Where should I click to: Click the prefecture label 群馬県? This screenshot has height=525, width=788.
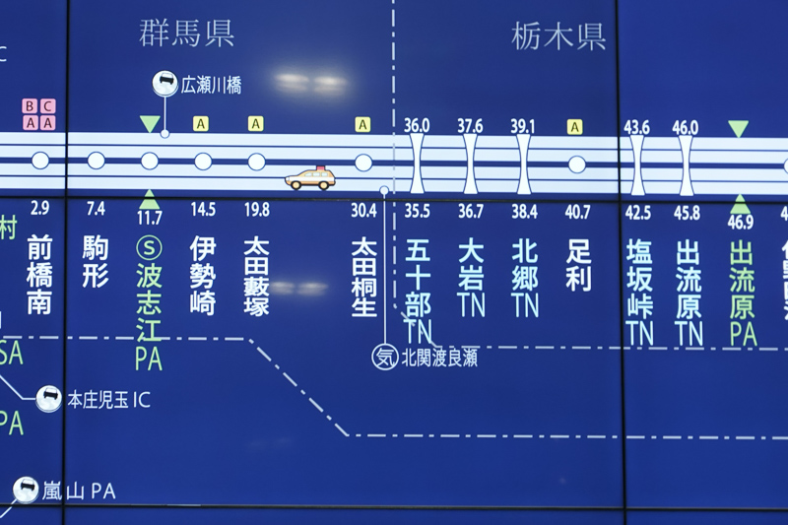(x=186, y=33)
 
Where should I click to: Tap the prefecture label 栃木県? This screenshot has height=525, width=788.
(x=558, y=36)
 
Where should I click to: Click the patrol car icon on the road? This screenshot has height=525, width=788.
(x=310, y=178)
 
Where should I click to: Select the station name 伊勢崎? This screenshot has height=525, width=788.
(x=203, y=275)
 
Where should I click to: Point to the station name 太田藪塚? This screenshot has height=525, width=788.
(x=256, y=275)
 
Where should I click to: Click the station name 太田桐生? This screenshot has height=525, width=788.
(x=363, y=275)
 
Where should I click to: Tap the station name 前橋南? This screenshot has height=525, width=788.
(x=39, y=274)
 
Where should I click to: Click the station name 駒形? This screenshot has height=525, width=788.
(x=96, y=262)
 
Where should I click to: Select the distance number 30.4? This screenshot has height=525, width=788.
(x=363, y=210)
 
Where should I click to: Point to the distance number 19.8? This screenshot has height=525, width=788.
(x=256, y=210)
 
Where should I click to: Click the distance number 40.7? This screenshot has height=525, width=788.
(x=578, y=211)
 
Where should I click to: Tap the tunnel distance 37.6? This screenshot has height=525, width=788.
(x=470, y=126)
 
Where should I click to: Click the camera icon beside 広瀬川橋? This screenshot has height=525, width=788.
(x=164, y=85)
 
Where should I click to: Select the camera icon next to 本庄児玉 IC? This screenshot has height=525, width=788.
(x=48, y=398)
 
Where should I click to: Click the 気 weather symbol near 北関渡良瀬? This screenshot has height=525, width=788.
(x=384, y=357)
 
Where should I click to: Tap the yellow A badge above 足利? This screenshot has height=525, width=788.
(x=575, y=126)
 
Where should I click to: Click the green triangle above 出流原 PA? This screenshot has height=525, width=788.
(x=740, y=204)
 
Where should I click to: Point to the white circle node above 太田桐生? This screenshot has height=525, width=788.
(x=363, y=163)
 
